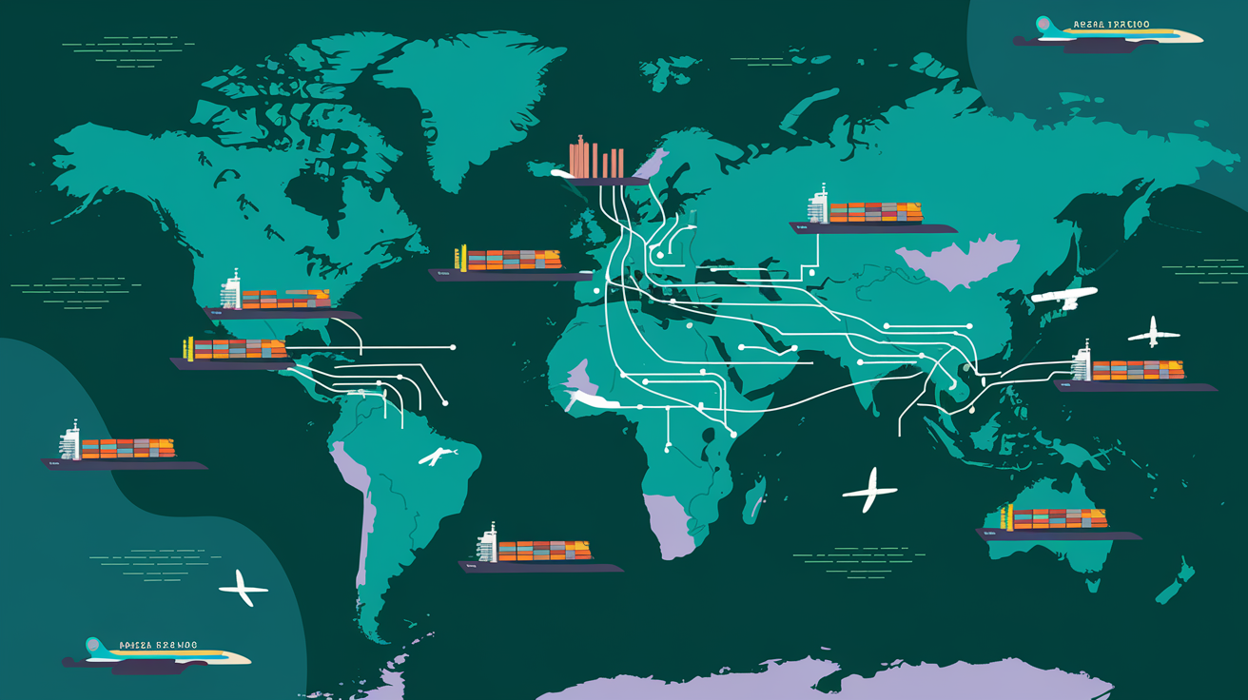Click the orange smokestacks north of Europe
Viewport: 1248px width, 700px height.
[596, 161]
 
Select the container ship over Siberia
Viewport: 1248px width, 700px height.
[871, 217]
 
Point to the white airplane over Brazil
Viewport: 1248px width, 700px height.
[437, 456]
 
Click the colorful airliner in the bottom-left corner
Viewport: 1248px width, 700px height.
[157, 652]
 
